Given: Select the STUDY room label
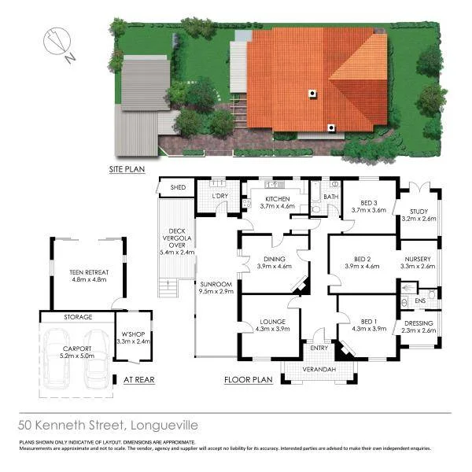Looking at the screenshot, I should [418, 210].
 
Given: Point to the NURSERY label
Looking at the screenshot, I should [418, 259].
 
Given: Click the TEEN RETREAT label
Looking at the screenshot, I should [89, 272].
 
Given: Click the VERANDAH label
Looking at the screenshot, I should [319, 370].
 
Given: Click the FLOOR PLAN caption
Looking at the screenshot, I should [248, 379].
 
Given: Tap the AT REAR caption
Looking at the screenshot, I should [139, 379].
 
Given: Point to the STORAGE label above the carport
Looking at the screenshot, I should [78, 317].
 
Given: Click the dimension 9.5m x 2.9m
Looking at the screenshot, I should [216, 291].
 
